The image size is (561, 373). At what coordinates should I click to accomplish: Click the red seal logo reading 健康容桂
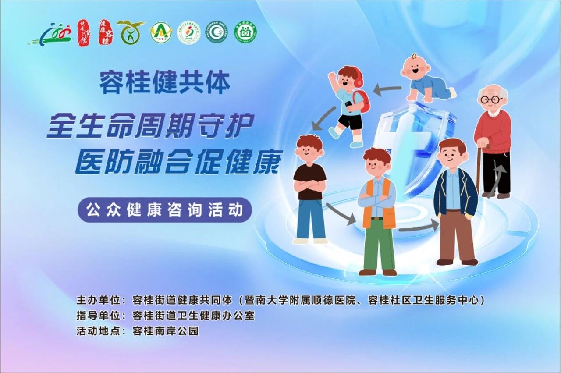pyautogui.click(x=106, y=32)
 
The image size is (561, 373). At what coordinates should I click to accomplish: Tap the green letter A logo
pyautogui.click(x=160, y=32)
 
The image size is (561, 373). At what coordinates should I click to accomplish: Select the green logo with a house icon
pyautogui.click(x=245, y=32)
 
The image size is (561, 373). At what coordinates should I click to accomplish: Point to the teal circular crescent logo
pyautogui.click(x=217, y=32)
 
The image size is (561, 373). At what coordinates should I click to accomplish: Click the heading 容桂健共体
pyautogui.click(x=164, y=83)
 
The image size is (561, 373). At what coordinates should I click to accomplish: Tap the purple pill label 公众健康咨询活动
pyautogui.click(x=165, y=210)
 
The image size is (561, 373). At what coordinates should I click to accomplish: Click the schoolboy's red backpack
pyautogui.click(x=362, y=101)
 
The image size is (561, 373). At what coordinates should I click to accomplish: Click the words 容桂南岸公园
pyautogui.click(x=165, y=331)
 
